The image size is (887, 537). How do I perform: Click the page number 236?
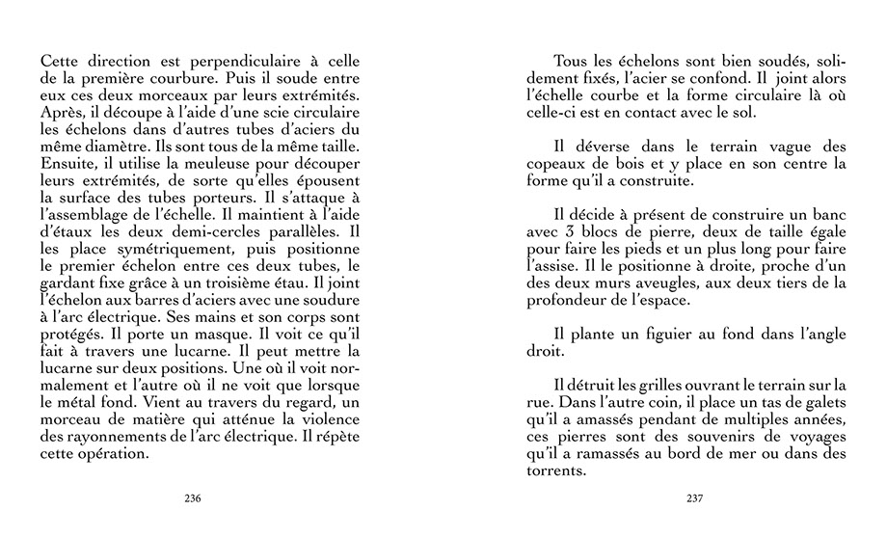[x=192, y=498]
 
